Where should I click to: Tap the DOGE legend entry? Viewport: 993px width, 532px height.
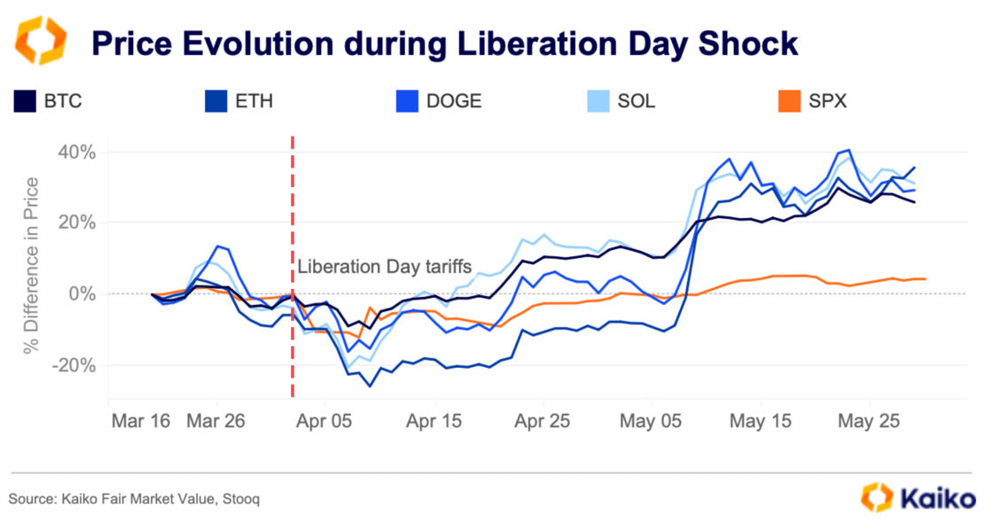click(x=453, y=100)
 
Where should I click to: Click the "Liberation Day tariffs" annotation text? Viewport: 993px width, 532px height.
click(x=384, y=265)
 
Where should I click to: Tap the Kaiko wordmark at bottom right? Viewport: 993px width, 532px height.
click(x=937, y=498)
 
